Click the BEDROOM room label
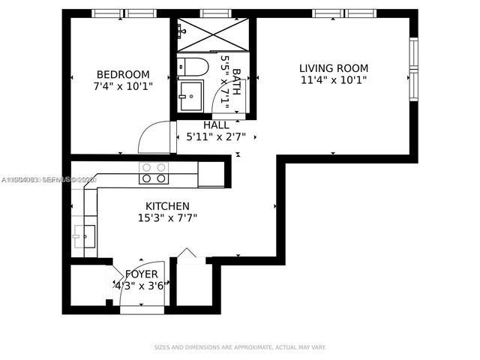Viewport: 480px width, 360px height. (x=123, y=74)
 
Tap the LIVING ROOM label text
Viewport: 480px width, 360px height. (x=334, y=68)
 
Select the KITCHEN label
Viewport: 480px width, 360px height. (x=167, y=206)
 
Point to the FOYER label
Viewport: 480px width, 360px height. (x=141, y=274)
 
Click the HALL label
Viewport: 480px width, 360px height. (x=216, y=125)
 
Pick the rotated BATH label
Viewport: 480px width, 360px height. (x=237, y=82)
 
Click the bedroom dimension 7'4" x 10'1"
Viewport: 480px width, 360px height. (x=123, y=86)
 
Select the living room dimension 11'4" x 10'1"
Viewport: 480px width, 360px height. (x=334, y=79)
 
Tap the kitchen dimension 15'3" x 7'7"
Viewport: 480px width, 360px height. (x=167, y=218)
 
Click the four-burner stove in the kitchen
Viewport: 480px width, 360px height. (x=154, y=173)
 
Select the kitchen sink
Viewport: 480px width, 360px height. (x=84, y=235)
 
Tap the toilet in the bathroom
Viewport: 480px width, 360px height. (x=191, y=67)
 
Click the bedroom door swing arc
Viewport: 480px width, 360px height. (x=155, y=137)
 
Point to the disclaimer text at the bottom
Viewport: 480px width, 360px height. (x=240, y=347)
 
